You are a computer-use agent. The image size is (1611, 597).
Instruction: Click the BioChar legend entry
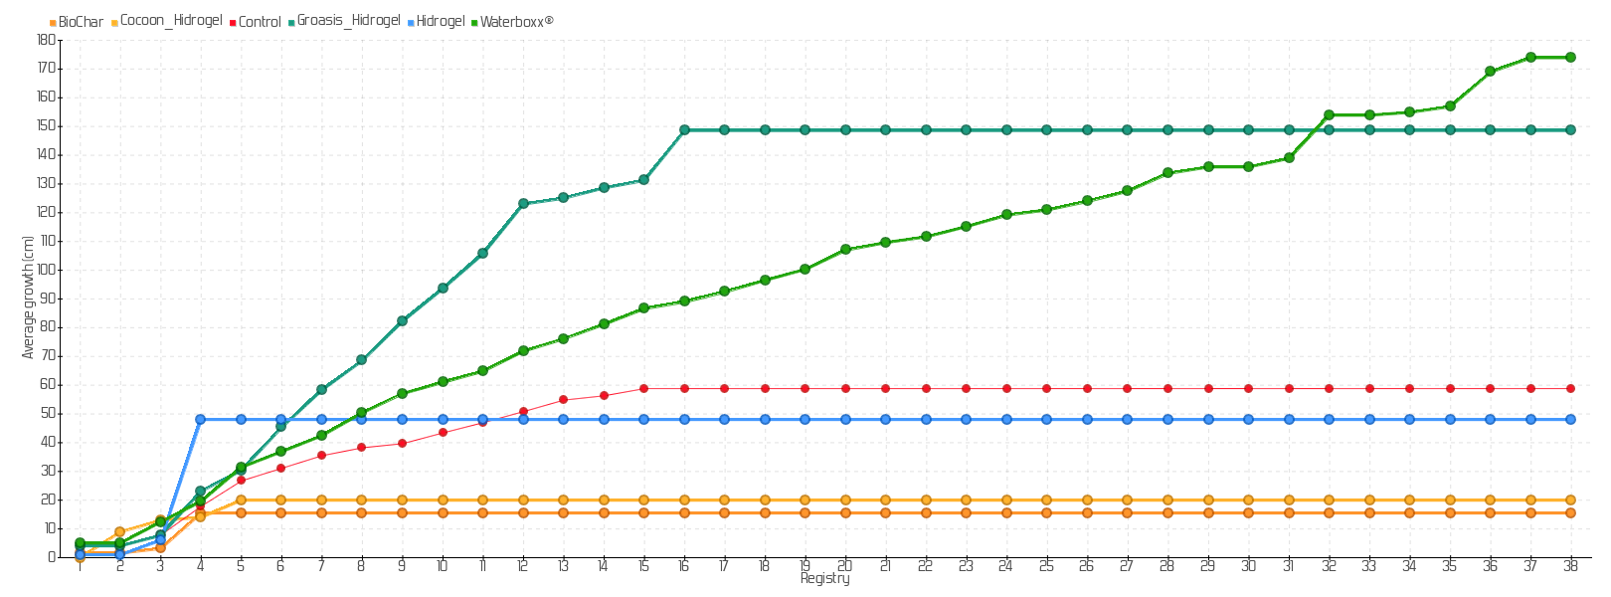click(80, 22)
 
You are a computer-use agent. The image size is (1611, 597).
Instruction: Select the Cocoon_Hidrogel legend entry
click(170, 21)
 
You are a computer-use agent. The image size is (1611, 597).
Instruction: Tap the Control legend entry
click(260, 22)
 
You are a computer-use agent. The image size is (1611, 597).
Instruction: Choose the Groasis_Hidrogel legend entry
click(348, 21)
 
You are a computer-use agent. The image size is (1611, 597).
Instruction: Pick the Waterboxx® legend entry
click(516, 22)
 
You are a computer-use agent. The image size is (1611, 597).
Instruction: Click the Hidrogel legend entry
click(441, 21)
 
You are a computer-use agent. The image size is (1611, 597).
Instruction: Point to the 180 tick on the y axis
click(46, 40)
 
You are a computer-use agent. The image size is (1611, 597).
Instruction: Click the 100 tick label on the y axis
click(46, 270)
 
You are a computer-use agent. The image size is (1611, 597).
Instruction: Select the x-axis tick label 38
click(1570, 566)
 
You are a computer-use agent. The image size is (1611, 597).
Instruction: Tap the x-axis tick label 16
click(684, 566)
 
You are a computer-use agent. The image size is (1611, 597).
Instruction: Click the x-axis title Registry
click(824, 579)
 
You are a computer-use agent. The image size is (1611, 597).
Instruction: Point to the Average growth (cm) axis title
click(28, 298)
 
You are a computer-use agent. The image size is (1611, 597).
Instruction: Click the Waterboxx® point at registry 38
click(1570, 57)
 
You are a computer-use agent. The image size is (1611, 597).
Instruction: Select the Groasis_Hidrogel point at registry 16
click(684, 129)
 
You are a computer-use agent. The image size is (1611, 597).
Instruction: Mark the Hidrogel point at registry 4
click(200, 419)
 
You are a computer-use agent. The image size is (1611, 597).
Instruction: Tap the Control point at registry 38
click(1570, 388)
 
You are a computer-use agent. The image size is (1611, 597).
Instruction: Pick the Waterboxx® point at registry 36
click(1490, 71)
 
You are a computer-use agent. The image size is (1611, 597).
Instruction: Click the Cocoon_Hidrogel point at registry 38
click(1570, 499)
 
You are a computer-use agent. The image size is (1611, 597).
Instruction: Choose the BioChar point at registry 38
click(1570, 512)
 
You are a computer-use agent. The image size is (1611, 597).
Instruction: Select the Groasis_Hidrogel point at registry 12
click(523, 203)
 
